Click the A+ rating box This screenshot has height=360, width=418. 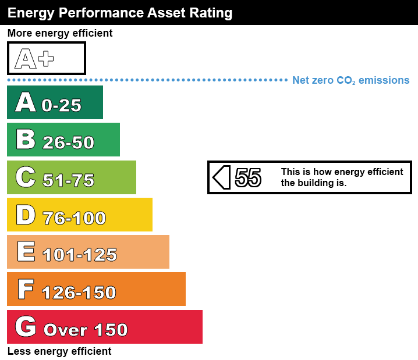pos(46,58)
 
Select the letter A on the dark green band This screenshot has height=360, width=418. pos(26,102)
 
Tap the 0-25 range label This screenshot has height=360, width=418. pos(62,105)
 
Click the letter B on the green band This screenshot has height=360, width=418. pos(26,140)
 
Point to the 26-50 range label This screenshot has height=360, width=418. pos(68,142)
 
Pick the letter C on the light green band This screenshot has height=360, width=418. pos(26,177)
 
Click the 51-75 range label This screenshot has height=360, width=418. pos(69,180)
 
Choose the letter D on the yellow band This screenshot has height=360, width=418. pos(26,215)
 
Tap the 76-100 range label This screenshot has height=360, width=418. pos(75,218)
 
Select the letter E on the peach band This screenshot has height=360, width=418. pos(26,252)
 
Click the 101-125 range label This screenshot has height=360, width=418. pos(80,255)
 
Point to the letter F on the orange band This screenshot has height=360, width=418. pos(26,289)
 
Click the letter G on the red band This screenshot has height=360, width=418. pos(26,327)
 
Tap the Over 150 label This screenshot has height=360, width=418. pos(86,330)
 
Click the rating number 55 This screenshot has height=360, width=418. pos(248,177)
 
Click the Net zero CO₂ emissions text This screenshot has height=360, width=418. pos(350,80)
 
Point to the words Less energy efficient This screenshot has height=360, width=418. pos(59,351)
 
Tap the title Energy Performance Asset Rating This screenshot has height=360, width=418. pos(120,12)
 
